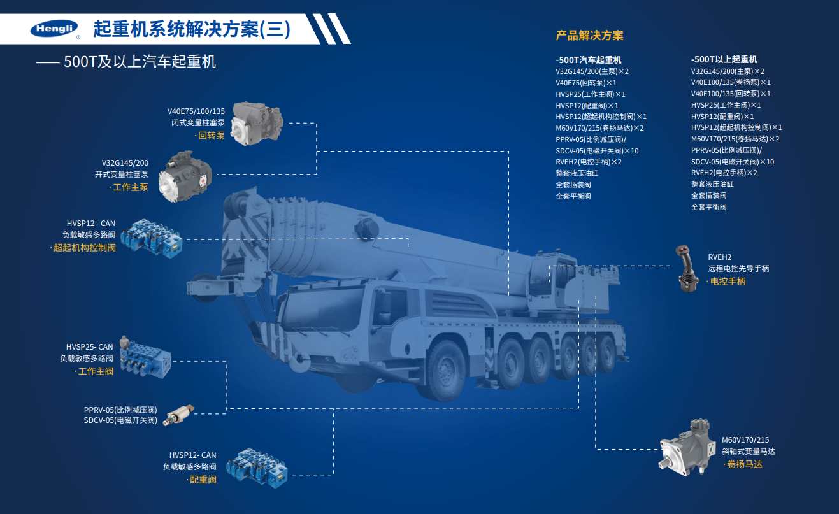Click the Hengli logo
(x=55, y=29)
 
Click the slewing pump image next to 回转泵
(x=256, y=124)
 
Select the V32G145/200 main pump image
(x=185, y=176)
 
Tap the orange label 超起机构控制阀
(x=85, y=248)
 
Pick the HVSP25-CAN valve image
(x=145, y=357)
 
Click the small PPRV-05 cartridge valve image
(x=178, y=415)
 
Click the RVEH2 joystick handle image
(x=687, y=268)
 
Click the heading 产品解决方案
(x=589, y=36)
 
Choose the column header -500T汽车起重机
(x=589, y=60)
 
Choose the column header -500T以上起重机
(x=724, y=59)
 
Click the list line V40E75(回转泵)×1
(x=586, y=83)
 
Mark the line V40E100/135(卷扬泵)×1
(x=731, y=82)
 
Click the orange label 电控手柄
(x=728, y=282)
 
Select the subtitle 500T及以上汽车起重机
(x=140, y=62)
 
